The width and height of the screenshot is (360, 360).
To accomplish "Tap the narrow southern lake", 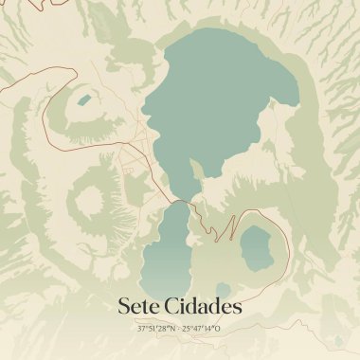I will pyautogui.click(x=169, y=251).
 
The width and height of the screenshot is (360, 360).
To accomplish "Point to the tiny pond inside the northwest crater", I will pyautogui.click(x=84, y=99).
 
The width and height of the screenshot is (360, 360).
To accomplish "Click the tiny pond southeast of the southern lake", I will pyautogui.click(x=223, y=290).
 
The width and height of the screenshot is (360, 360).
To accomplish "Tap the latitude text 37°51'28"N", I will pyautogui.click(x=154, y=329).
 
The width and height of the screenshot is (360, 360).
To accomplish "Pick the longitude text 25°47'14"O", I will pyautogui.click(x=203, y=329).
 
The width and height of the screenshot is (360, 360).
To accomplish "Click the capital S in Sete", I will pyautogui.click(x=124, y=307).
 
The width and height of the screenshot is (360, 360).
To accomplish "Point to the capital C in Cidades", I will pyautogui.click(x=178, y=307).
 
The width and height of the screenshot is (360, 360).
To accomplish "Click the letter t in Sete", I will pyautogui.click(x=146, y=307).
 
